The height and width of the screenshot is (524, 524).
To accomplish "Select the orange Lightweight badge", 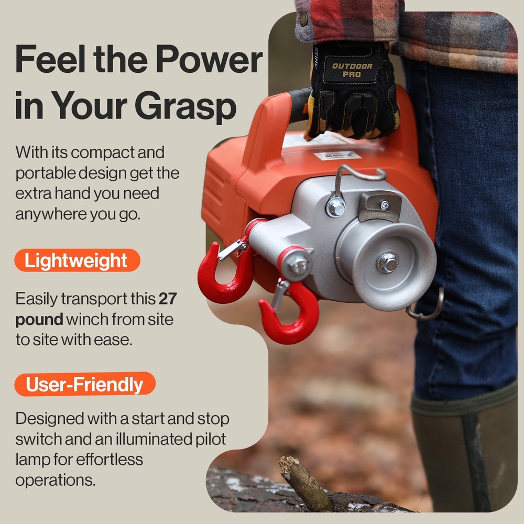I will (x=77, y=260).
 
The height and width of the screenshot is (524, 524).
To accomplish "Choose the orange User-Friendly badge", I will (x=85, y=384).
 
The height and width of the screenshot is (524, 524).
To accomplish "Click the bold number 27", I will (x=168, y=299).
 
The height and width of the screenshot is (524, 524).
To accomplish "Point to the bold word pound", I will (x=39, y=319).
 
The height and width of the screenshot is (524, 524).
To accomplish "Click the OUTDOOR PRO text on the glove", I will (x=352, y=70).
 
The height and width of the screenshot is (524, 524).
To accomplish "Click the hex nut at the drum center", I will (x=388, y=261).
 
